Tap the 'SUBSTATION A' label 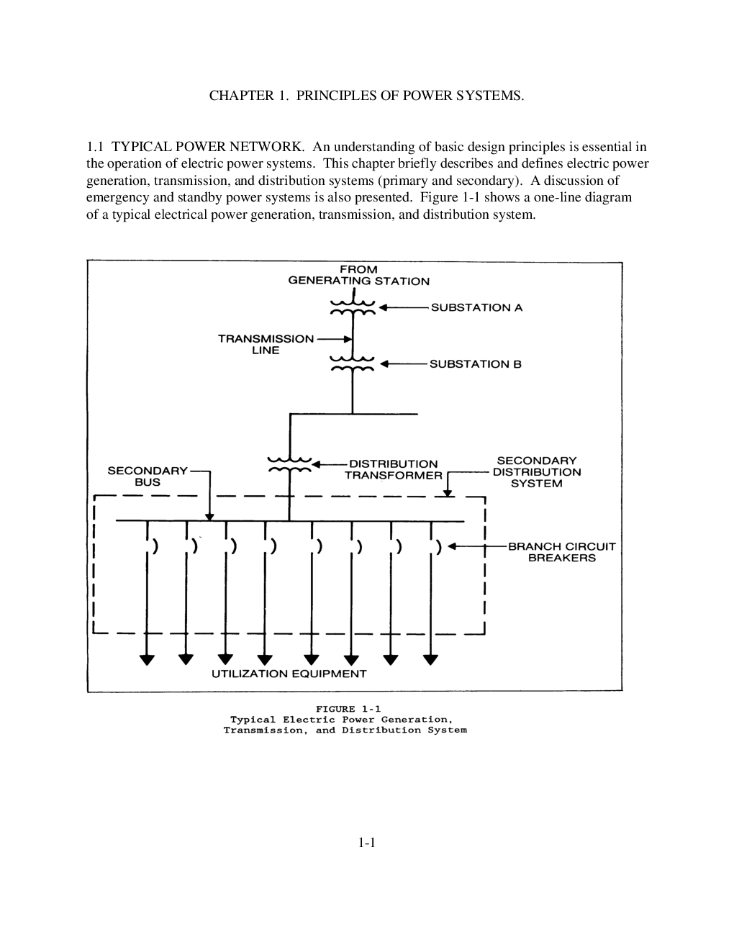[476, 307]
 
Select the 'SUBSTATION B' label [475, 364]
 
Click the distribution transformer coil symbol [289, 465]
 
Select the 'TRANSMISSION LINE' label [266, 345]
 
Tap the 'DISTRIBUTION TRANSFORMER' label [393, 470]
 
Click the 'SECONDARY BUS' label [148, 476]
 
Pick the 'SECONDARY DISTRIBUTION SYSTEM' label [537, 472]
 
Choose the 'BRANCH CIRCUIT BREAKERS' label [561, 552]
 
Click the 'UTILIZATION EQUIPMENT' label [289, 674]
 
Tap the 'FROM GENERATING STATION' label [358, 276]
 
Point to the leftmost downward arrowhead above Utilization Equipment [147, 659]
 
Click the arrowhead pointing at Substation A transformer [384, 307]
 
